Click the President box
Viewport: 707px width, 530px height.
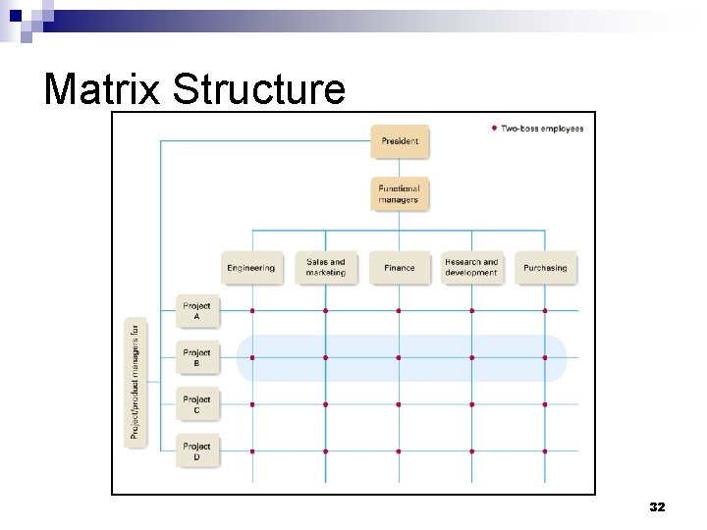click(x=400, y=141)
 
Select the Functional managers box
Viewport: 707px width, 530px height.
click(x=400, y=193)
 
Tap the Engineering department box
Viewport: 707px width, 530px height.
click(x=251, y=268)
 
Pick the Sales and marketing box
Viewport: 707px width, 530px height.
click(x=326, y=268)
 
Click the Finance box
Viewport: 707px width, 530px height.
click(x=400, y=268)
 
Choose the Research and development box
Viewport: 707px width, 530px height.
click(x=472, y=268)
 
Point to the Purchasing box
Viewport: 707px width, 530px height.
click(x=545, y=268)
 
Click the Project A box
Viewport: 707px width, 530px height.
click(x=197, y=311)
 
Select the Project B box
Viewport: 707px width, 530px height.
click(x=197, y=358)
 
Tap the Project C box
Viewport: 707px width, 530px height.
click(x=197, y=404)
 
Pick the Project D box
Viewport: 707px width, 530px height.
click(x=197, y=451)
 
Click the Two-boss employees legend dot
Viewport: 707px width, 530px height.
click(x=493, y=129)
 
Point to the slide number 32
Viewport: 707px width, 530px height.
click(x=657, y=507)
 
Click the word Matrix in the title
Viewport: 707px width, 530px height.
click(x=103, y=89)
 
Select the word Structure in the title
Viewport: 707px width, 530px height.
click(x=259, y=89)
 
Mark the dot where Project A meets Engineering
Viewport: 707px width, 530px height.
click(x=252, y=311)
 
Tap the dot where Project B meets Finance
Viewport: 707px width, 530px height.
click(x=399, y=358)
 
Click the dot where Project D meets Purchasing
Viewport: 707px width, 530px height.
click(x=545, y=451)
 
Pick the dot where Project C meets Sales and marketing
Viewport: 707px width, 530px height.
click(x=326, y=404)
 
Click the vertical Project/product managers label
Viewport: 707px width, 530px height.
click(x=136, y=382)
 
